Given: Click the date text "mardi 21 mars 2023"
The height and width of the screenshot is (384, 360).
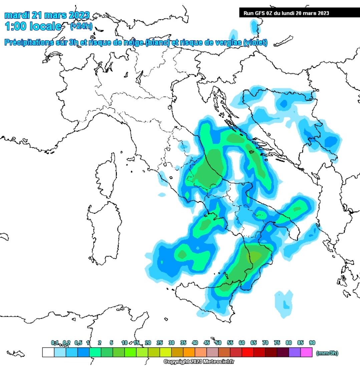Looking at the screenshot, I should pyautogui.click(x=47, y=15).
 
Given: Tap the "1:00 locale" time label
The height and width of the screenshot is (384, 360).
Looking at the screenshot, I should pyautogui.click(x=33, y=26).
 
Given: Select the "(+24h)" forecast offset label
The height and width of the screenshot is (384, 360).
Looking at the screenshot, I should pyautogui.click(x=81, y=26).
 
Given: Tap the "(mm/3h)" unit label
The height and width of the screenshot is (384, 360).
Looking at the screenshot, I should pyautogui.click(x=327, y=353).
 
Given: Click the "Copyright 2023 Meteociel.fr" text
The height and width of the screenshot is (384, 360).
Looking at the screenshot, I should pyautogui.click(x=199, y=361).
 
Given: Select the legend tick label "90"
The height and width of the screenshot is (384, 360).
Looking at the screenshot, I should pyautogui.click(x=312, y=343).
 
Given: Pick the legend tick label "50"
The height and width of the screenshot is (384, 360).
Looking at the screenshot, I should pyautogui.click(x=218, y=343).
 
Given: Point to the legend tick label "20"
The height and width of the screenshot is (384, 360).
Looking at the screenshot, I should pyautogui.click(x=148, y=343).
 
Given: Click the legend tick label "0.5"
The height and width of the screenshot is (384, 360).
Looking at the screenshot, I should pyautogui.click(x=78, y=343).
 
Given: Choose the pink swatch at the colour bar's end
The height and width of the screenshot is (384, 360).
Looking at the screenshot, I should pyautogui.click(x=306, y=352).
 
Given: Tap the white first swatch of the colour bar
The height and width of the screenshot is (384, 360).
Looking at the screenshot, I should pyautogui.click(x=48, y=352).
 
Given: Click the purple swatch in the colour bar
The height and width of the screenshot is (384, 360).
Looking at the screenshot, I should pyautogui.click(x=295, y=352).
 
